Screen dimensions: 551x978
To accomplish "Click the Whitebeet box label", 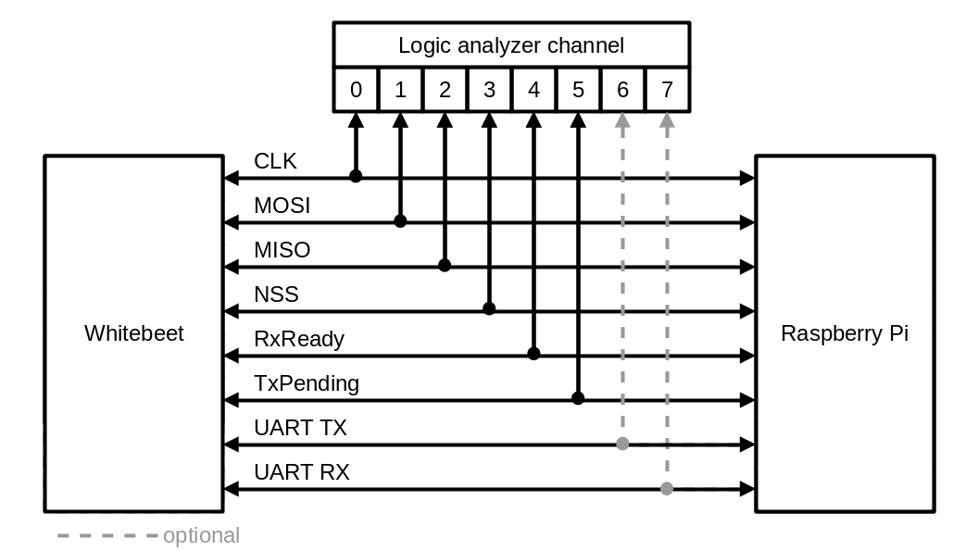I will (x=134, y=333).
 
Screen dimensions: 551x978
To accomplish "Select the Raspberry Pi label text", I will (x=844, y=333).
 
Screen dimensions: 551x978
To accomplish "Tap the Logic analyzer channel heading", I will (x=510, y=44).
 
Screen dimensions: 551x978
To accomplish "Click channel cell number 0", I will (x=356, y=90).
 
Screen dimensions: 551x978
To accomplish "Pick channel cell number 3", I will (x=489, y=90).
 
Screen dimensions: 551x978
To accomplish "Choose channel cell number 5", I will (x=578, y=90).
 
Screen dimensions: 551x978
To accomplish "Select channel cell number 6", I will (x=622, y=90).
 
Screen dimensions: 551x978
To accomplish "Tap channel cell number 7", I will (x=667, y=90).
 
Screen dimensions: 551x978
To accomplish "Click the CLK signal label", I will (x=275, y=161).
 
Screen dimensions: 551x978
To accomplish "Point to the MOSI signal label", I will (x=282, y=206).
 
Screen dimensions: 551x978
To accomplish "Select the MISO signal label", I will (x=282, y=250).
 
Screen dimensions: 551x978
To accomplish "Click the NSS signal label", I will (x=276, y=294).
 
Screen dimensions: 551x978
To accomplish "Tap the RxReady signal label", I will (x=299, y=339).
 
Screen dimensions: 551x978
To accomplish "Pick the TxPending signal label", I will (x=307, y=382).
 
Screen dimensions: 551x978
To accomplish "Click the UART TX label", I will (x=300, y=428).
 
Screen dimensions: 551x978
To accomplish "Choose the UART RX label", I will (x=301, y=472).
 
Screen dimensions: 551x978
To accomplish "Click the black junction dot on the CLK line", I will (x=356, y=176).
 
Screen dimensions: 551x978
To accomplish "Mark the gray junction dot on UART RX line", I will (x=667, y=488).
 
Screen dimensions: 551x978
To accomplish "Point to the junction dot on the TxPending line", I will (x=578, y=398).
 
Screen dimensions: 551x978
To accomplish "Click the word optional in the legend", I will (x=201, y=535).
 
